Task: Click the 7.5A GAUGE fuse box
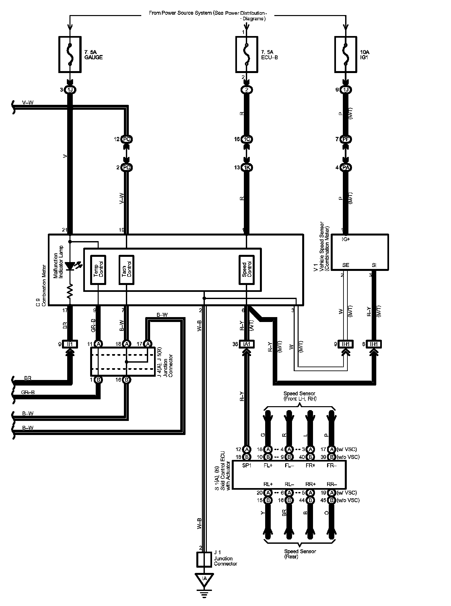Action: [x=70, y=54]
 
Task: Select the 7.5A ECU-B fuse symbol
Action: [x=247, y=54]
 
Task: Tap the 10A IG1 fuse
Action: [x=346, y=54]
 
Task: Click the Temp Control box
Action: [x=98, y=269]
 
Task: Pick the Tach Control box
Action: [x=126, y=269]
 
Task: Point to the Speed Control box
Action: [x=246, y=269]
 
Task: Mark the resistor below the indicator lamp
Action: [x=70, y=291]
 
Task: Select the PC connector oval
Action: [x=127, y=139]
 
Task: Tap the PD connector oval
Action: [x=127, y=168]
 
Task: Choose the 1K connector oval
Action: [x=246, y=168]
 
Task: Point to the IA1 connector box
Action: [x=246, y=344]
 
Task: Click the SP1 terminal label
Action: [x=246, y=465]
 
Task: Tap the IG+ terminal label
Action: [x=346, y=239]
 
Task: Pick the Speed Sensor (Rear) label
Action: [x=300, y=554]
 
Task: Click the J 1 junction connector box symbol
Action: [x=204, y=560]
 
